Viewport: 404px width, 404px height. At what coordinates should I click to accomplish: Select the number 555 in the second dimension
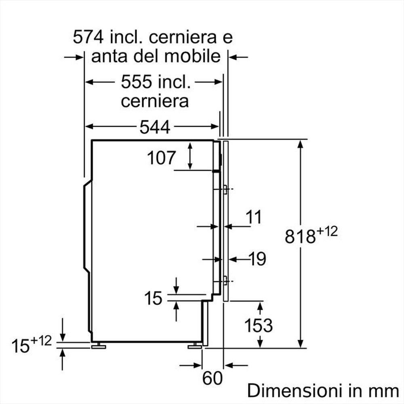click(136, 82)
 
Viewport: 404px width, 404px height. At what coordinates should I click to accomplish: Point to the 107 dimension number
click(161, 158)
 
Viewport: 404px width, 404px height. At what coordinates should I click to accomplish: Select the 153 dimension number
click(259, 325)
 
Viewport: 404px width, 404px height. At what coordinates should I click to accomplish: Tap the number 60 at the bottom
click(213, 379)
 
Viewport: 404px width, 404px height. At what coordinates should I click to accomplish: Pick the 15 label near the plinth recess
click(153, 299)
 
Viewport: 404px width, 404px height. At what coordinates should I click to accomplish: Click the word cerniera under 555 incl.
click(155, 101)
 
